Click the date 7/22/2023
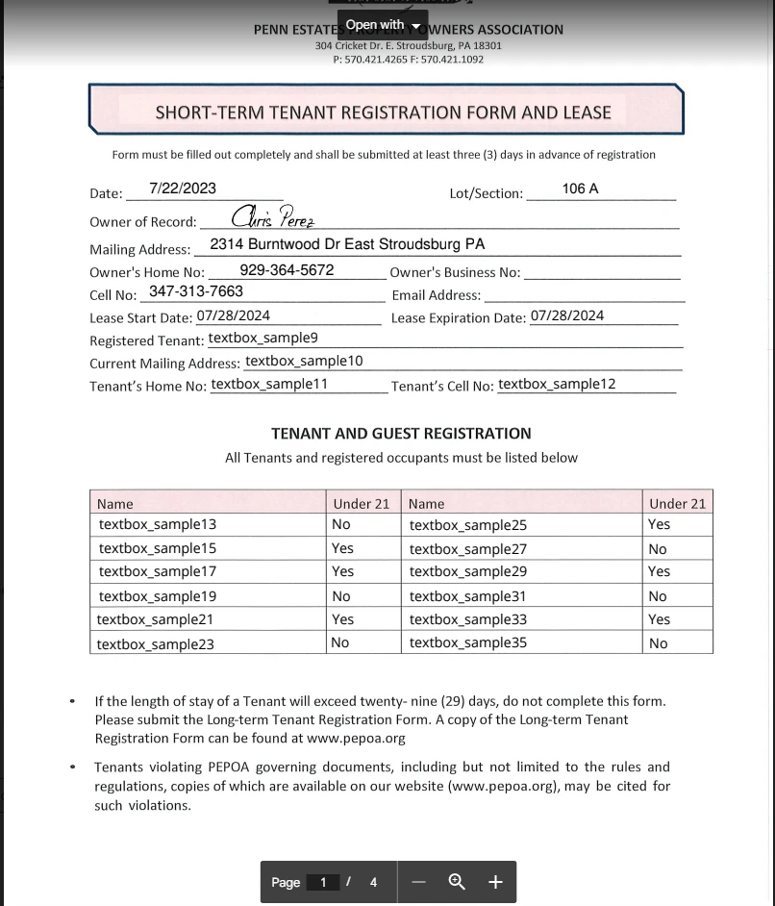click(x=183, y=189)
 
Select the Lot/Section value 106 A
click(x=580, y=189)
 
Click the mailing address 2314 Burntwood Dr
click(x=347, y=244)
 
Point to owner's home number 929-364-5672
click(x=287, y=270)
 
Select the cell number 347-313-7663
click(x=196, y=290)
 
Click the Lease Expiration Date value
click(x=567, y=315)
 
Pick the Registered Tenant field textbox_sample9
click(x=262, y=338)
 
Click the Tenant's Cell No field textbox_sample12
click(x=557, y=384)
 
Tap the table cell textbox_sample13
click(x=158, y=524)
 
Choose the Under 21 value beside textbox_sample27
click(x=658, y=549)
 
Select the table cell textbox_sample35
click(x=467, y=642)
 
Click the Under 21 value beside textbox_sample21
click(x=342, y=619)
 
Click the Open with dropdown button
click(x=383, y=24)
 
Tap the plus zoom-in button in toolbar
click(x=495, y=882)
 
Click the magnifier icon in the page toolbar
click(x=458, y=882)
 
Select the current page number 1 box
click(x=324, y=882)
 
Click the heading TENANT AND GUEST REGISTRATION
click(x=401, y=434)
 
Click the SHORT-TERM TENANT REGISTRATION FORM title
click(x=384, y=113)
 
